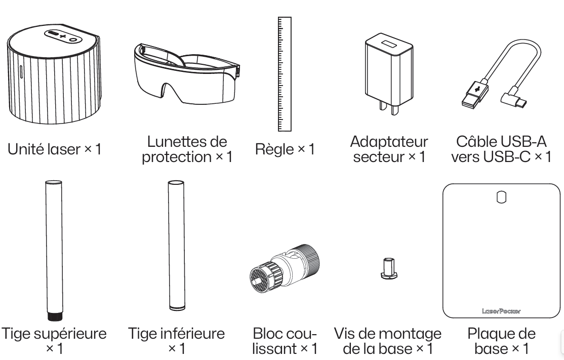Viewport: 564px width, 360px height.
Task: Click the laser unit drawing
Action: point(54,74)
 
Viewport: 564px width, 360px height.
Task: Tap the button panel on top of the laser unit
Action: point(63,36)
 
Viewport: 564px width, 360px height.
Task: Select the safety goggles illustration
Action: point(186,74)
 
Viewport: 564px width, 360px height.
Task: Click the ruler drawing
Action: point(285,74)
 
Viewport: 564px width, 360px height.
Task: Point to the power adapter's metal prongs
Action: point(389,107)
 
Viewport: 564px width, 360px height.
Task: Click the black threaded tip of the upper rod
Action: point(55,316)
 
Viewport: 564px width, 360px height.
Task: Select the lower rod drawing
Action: point(176,245)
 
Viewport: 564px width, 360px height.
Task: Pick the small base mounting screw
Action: point(388,268)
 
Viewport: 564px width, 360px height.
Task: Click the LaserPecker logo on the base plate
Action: point(501,311)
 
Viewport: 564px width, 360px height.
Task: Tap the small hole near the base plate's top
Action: point(501,197)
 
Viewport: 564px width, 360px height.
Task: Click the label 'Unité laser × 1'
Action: point(54,149)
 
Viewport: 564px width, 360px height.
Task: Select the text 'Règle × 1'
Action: point(285,149)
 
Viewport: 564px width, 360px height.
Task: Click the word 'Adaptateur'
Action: point(389,141)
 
